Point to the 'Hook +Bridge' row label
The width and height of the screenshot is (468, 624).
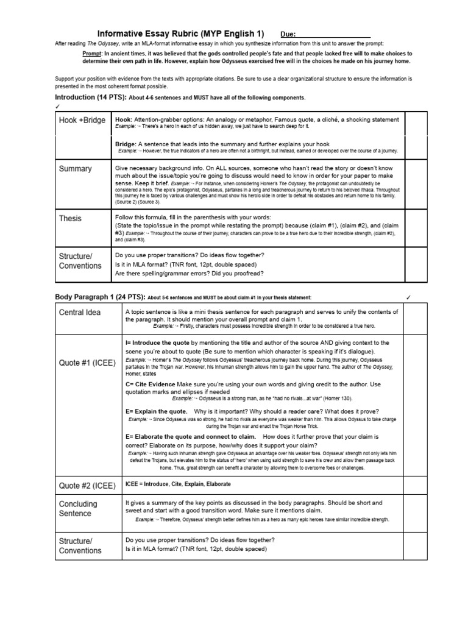tap(82, 121)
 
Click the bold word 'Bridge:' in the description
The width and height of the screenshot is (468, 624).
tap(126, 144)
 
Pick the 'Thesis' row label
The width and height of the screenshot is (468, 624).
tap(70, 218)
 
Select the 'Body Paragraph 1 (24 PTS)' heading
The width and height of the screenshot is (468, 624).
tap(100, 297)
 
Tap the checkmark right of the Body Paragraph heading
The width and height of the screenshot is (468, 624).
tap(409, 297)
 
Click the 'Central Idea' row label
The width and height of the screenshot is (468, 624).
tap(80, 313)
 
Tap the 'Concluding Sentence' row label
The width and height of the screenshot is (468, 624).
tap(78, 509)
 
